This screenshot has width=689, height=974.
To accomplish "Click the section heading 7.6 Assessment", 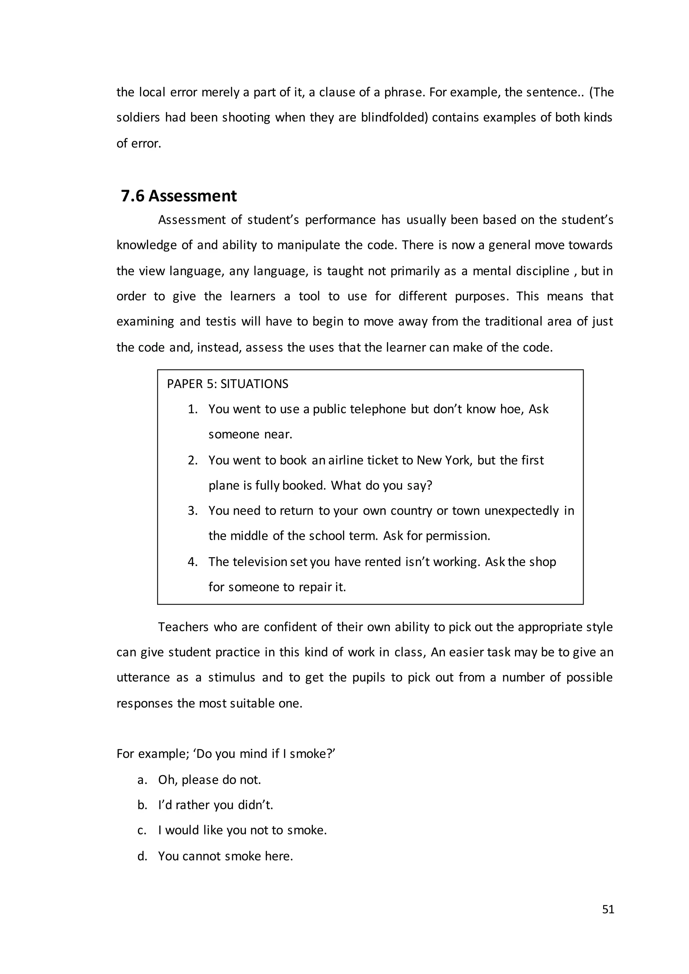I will point(179,196).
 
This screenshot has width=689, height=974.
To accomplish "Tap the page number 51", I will point(608,909).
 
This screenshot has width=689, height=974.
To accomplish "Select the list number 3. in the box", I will point(193,511).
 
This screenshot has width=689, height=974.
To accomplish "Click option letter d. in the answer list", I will point(142,856).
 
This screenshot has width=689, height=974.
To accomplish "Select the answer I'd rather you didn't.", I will point(216,805).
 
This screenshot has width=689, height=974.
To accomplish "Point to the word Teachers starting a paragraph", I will point(183,627).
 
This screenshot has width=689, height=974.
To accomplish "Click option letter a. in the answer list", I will point(142,780).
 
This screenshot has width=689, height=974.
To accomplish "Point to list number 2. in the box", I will point(193,460).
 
